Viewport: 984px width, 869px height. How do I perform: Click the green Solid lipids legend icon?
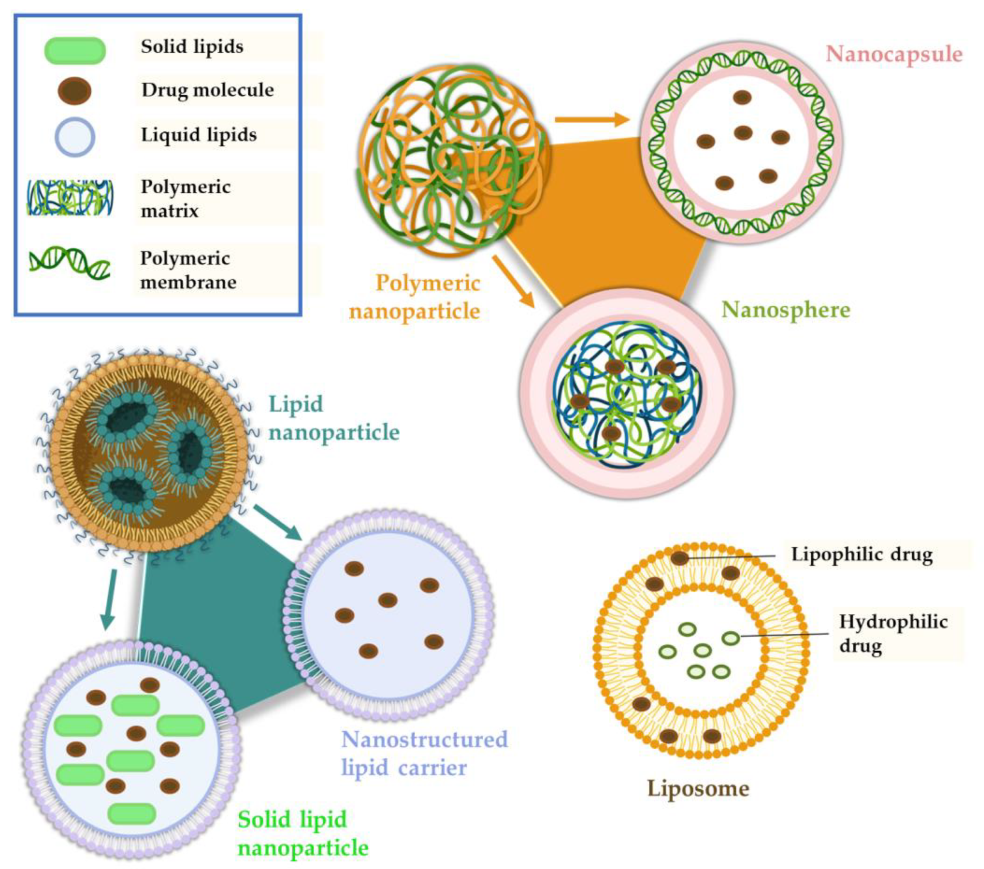coord(75,51)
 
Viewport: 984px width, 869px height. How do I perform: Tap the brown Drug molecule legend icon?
coord(75,91)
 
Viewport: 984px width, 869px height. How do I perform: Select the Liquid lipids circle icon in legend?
coord(75,137)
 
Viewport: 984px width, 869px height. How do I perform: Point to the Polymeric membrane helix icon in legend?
coord(70,263)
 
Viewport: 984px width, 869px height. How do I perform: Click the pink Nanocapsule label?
coord(894,54)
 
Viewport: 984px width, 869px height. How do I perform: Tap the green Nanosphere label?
coord(786,310)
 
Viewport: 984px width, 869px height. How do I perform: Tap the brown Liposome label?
coord(698,788)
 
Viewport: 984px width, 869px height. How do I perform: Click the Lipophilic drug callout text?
coord(862,554)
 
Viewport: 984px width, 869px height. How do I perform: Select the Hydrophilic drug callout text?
coord(893,634)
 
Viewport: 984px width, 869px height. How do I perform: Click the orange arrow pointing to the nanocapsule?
coord(592,120)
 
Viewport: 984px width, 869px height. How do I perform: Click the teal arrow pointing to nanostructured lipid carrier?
coord(278,522)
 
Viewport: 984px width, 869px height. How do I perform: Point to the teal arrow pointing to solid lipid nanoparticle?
coord(109,599)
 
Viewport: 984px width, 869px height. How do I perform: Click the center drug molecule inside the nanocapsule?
coord(743,133)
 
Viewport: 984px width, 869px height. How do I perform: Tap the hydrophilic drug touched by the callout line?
coord(731,638)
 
